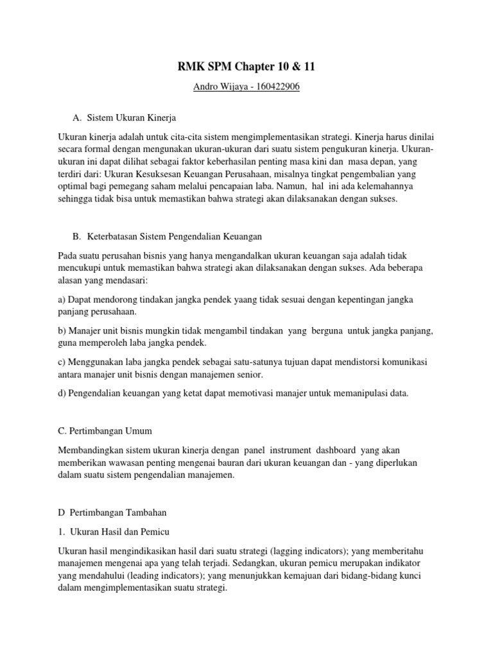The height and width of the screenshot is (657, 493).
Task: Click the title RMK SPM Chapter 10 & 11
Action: tap(246, 68)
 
